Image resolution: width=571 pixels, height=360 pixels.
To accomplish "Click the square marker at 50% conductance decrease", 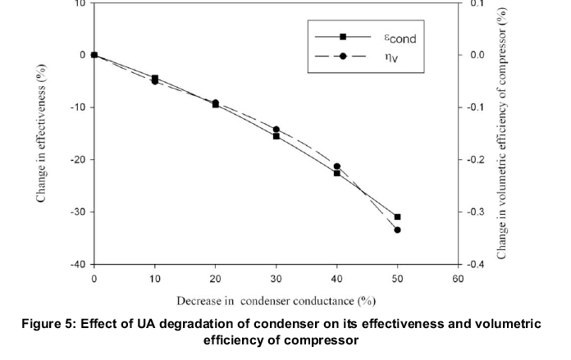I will click(397, 216).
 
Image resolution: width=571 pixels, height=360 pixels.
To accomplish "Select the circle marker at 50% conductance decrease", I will click(397, 230).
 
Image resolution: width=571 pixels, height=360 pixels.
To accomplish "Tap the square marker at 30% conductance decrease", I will click(276, 135).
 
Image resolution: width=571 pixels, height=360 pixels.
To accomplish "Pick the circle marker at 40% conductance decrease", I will click(336, 166).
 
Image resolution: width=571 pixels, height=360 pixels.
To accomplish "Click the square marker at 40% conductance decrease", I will click(336, 173).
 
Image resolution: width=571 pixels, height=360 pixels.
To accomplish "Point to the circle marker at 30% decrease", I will click(276, 130).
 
